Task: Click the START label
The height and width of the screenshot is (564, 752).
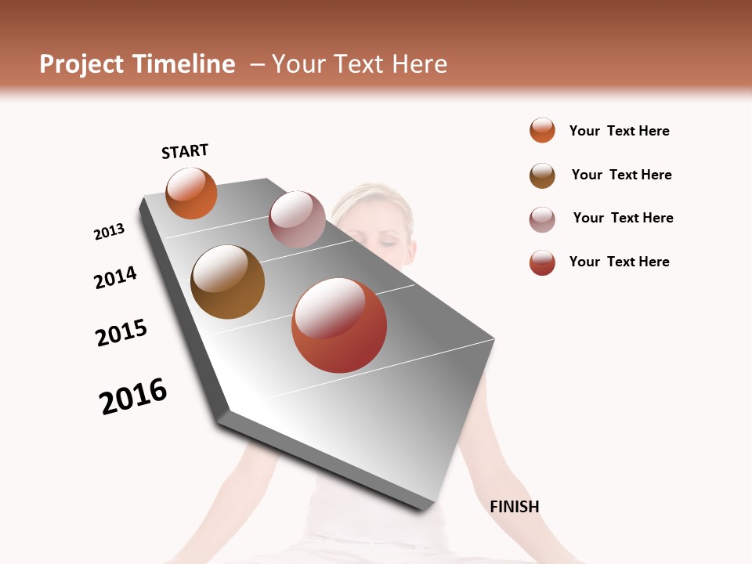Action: pos(185,151)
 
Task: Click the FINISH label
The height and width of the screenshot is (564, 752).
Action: pos(515,507)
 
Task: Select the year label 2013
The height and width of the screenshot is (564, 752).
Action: pos(109,232)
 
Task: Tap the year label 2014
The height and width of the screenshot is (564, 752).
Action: pos(116,277)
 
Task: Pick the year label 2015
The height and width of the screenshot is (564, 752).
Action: pos(121,333)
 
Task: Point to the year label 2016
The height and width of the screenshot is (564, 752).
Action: pos(133,396)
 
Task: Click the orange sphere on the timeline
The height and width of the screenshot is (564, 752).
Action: pos(191,193)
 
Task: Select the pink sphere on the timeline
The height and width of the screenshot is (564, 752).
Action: pos(297,219)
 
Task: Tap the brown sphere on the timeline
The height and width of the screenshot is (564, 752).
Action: pos(227,282)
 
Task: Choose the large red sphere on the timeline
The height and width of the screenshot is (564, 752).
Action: pos(339,325)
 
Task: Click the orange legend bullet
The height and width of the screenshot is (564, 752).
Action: pos(542,130)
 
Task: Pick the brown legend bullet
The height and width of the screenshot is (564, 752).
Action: pos(542,175)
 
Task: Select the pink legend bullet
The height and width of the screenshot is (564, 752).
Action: pos(542,219)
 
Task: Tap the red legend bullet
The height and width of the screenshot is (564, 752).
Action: pos(542,262)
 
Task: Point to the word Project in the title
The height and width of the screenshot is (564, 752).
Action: pos(82,64)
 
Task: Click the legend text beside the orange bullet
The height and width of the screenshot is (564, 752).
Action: pos(619,131)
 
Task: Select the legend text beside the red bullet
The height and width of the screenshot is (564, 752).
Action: pos(619,262)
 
